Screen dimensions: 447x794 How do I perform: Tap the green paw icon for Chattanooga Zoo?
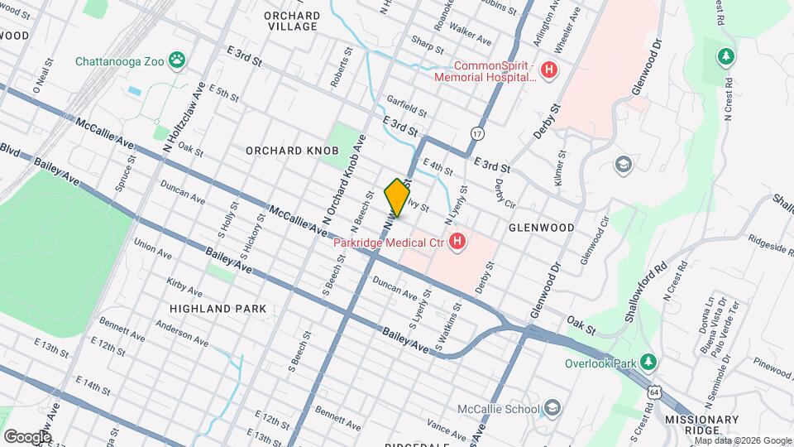[177, 60]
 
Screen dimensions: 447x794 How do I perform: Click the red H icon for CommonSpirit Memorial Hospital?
[546, 71]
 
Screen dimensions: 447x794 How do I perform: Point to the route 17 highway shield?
[477, 132]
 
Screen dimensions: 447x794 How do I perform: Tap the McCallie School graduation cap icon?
[552, 408]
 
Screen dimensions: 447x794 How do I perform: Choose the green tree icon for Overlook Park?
[650, 363]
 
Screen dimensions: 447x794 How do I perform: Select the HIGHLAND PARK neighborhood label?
[218, 308]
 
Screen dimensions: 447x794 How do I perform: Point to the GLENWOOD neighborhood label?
[541, 227]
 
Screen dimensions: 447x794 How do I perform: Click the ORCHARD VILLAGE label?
[291, 21]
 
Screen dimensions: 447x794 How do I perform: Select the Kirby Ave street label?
[184, 286]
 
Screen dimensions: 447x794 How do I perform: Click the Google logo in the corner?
[26, 436]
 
